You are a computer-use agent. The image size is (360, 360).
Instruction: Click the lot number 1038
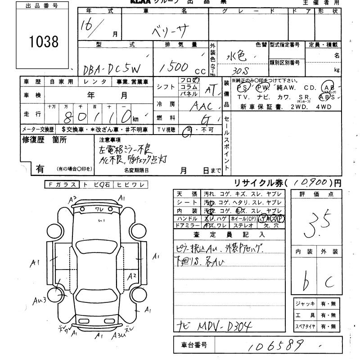pyautogui.click(x=44, y=42)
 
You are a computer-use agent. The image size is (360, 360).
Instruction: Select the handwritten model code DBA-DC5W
pyautogui.click(x=112, y=68)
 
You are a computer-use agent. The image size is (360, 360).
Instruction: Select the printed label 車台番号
pyautogui.click(x=194, y=346)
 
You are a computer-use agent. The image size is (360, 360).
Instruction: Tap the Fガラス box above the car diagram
pyautogui.click(x=62, y=184)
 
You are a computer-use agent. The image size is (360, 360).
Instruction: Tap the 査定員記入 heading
pyautogui.click(x=229, y=234)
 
